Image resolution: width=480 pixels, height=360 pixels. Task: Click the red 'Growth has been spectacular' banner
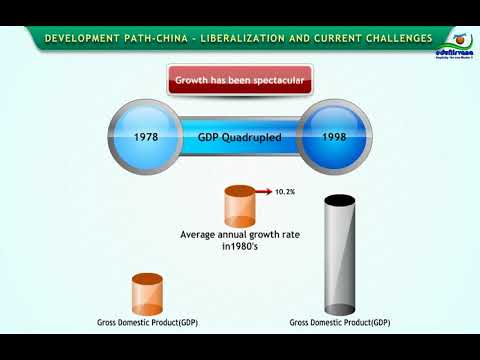point(239,79)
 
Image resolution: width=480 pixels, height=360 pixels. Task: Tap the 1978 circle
point(147,135)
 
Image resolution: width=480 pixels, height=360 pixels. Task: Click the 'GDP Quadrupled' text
point(239,135)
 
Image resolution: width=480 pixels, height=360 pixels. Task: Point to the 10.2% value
point(285,189)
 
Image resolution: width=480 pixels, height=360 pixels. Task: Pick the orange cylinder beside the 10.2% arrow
point(240,206)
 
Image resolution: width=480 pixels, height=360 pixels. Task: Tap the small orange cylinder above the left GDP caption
point(147,294)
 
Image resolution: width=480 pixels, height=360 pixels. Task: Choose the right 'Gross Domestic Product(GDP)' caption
point(339,322)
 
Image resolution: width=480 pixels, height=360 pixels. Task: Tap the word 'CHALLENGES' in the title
point(396,39)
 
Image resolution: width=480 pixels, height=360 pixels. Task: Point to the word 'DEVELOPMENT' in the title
point(83,39)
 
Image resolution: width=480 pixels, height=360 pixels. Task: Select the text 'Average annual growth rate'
point(239,235)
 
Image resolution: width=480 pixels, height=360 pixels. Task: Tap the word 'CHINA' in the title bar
point(171,39)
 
